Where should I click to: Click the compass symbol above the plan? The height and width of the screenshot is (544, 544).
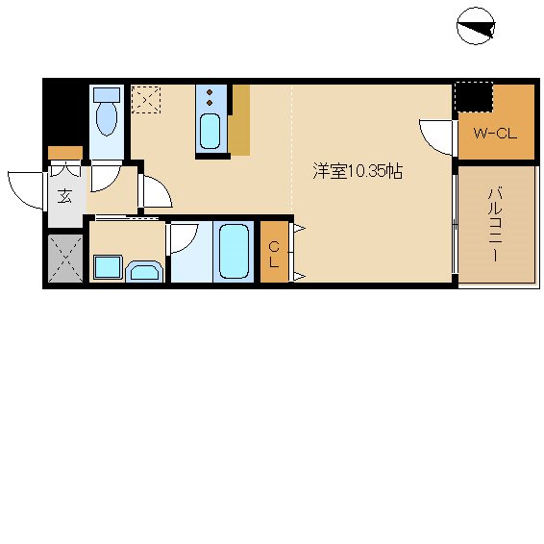coord(476,26)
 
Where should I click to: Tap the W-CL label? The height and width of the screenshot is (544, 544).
coord(495,133)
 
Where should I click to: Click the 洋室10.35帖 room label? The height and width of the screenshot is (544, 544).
coord(357,172)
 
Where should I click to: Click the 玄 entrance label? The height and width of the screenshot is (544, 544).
coord(64,197)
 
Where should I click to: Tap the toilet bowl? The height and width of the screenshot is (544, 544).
coord(107,120)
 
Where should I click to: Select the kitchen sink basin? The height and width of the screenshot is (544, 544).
coord(210,131)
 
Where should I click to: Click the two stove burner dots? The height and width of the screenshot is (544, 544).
coord(210,96)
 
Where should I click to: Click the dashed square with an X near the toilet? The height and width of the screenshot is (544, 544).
coord(146,99)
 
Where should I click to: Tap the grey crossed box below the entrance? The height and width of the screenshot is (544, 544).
coord(64,257)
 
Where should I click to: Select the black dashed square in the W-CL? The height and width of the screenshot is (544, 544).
coord(472,98)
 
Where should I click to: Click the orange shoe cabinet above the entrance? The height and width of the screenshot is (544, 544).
coord(64,152)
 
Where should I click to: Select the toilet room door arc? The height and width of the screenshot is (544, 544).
coord(157,192)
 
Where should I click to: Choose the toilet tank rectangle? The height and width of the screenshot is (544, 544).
coord(107,95)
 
